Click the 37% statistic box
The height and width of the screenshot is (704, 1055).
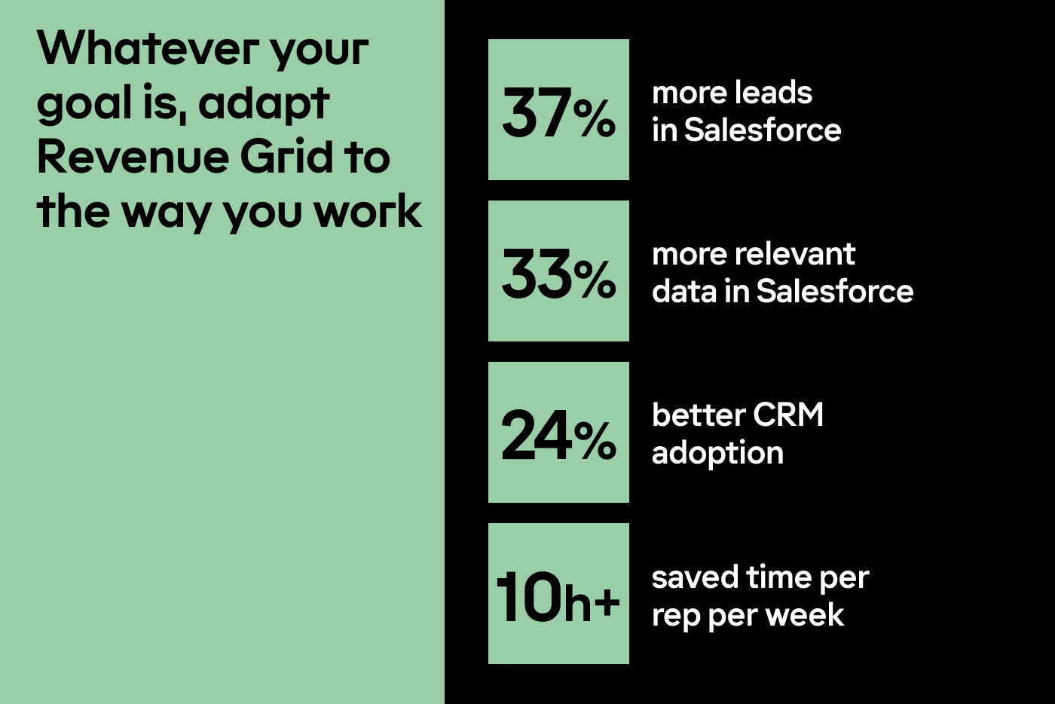pyautogui.click(x=558, y=109)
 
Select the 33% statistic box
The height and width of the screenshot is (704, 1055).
pyautogui.click(x=558, y=271)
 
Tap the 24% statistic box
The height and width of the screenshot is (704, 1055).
pyautogui.click(x=558, y=432)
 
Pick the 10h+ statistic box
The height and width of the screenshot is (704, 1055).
pyautogui.click(x=558, y=593)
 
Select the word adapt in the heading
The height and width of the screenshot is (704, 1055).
pyautogui.click(x=264, y=105)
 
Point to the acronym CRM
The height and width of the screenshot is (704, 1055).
pyautogui.click(x=787, y=415)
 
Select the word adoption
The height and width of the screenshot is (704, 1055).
pyautogui.click(x=717, y=454)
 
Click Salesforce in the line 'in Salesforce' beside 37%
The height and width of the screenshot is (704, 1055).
pyautogui.click(x=763, y=130)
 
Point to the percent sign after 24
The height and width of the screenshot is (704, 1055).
pyautogui.click(x=595, y=441)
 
